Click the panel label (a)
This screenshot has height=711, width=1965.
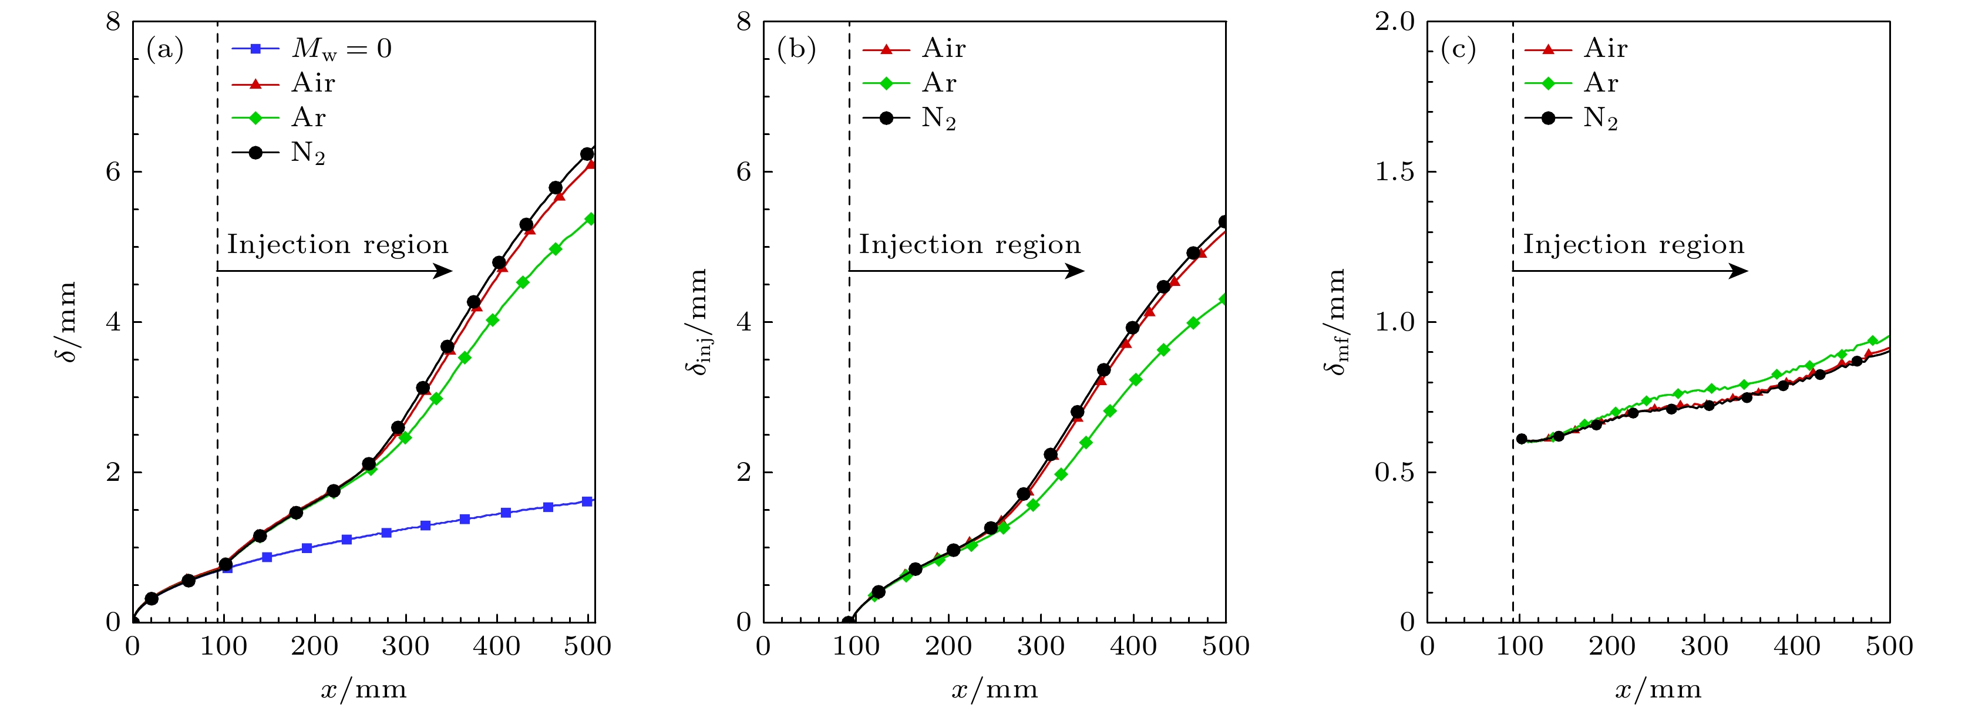pyautogui.click(x=165, y=50)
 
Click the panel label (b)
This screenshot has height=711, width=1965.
pyautogui.click(x=796, y=50)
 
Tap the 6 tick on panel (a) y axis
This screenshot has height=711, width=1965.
pyautogui.click(x=114, y=171)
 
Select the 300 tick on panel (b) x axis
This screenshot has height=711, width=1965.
pyautogui.click(x=1041, y=647)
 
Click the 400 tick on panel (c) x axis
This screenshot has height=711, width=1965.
pyautogui.click(x=1797, y=647)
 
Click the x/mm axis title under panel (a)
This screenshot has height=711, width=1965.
pyautogui.click(x=363, y=690)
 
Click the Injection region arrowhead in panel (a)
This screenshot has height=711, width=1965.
pyautogui.click(x=444, y=271)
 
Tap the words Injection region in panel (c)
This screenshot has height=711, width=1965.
pyautogui.click(x=1633, y=245)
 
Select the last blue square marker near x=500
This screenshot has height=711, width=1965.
pyautogui.click(x=587, y=501)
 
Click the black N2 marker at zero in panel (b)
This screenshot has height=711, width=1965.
pyautogui.click(x=847, y=622)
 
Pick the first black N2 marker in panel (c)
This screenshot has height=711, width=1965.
pyautogui.click(x=1521, y=439)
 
